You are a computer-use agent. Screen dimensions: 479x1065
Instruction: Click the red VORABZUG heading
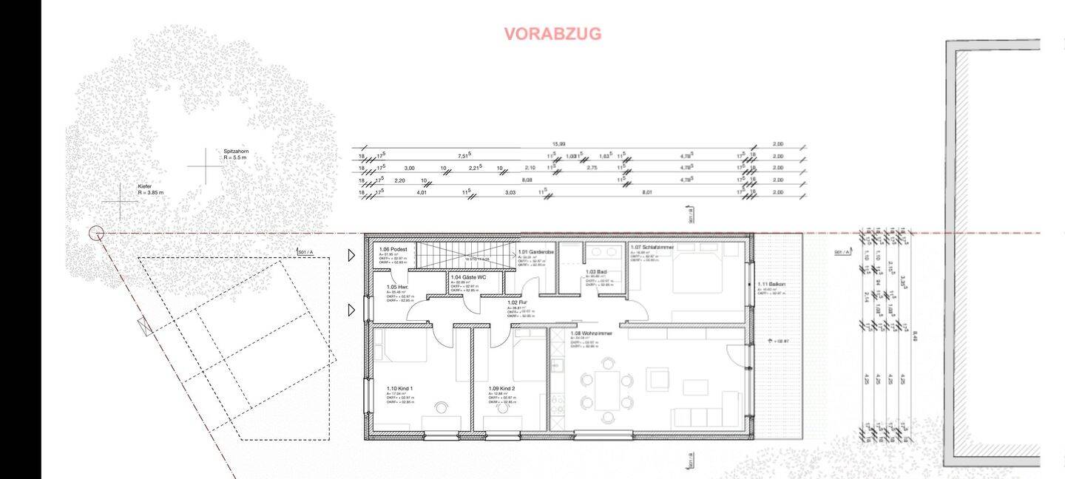tap(552, 34)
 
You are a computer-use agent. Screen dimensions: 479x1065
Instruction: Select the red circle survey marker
tap(96, 234)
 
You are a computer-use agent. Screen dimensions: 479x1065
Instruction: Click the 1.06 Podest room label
tap(393, 250)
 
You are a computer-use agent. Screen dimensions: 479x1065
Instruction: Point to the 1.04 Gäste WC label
tap(468, 277)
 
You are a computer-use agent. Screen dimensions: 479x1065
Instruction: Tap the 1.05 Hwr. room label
tap(398, 287)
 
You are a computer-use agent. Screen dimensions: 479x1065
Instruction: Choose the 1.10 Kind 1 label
tap(399, 387)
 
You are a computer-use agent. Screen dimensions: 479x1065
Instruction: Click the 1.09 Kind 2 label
tap(501, 388)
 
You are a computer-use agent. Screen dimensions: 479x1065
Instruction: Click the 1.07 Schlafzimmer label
tap(650, 247)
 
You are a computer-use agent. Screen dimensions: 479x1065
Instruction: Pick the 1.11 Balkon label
tap(771, 285)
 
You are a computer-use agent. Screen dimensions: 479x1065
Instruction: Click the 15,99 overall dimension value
tap(558, 143)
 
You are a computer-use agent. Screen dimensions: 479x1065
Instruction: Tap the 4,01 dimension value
tap(422, 192)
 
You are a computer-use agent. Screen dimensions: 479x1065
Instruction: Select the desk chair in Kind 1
tap(442, 407)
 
